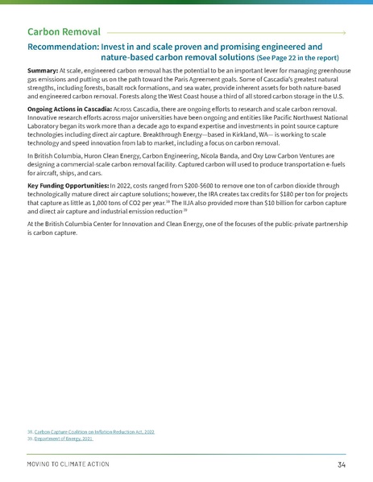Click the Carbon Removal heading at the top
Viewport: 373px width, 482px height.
pyautogui.click(x=64, y=32)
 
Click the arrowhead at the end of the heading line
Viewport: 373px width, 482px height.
pyautogui.click(x=344, y=33)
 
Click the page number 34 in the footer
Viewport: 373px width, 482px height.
pyautogui.click(x=342, y=465)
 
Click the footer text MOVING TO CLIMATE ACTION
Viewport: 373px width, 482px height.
pyautogui.click(x=68, y=465)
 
